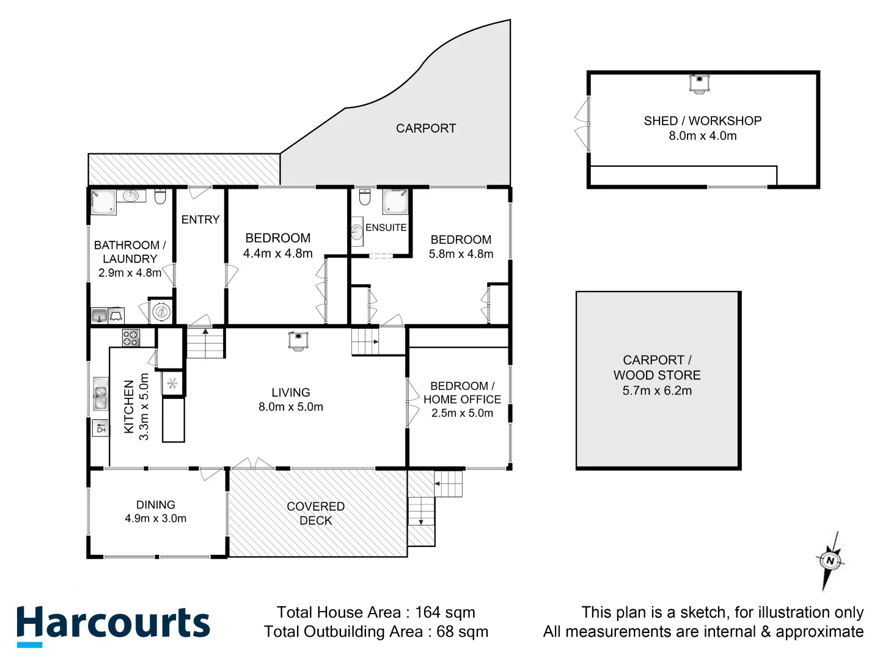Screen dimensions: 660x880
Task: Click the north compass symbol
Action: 830,560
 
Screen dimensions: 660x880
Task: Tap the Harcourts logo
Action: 113,625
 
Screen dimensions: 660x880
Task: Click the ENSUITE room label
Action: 386,227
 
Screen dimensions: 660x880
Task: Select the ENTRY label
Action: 200,219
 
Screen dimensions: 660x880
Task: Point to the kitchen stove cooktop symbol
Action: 131,338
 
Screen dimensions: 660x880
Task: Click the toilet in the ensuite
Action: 365,197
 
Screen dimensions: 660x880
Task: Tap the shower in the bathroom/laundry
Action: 103,202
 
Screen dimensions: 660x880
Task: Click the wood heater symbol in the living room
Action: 298,340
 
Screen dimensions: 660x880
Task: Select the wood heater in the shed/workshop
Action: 699,83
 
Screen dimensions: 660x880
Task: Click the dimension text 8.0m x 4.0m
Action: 702,136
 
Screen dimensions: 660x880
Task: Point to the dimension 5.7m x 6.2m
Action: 657,391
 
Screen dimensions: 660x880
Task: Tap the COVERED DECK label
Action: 315,513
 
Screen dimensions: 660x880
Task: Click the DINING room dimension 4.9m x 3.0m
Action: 155,518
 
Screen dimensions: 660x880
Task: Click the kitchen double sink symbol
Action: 100,394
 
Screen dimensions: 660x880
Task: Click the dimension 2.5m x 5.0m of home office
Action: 462,413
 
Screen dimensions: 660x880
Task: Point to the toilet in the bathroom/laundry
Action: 161,197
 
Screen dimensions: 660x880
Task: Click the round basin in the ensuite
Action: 357,232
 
